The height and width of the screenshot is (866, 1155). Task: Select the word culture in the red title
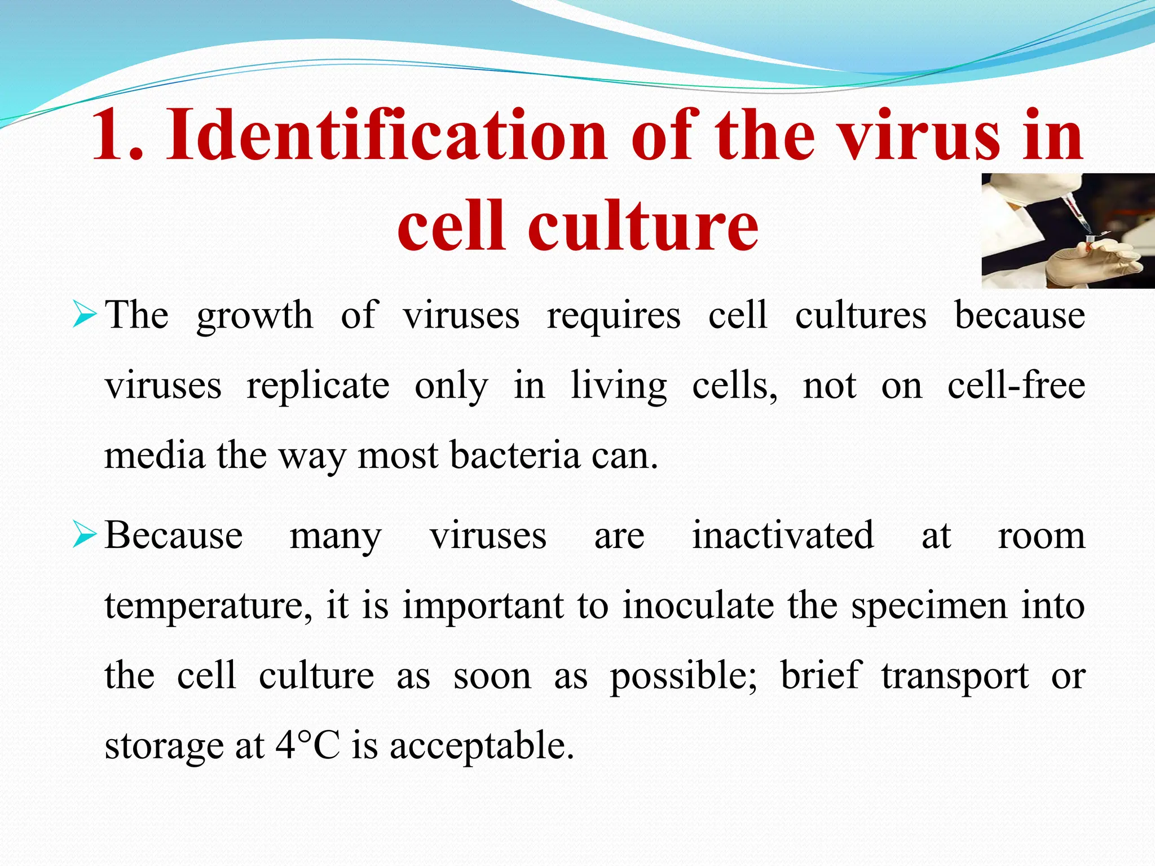643,226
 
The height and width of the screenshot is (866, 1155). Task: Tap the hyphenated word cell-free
1016,386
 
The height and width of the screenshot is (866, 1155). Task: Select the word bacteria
515,456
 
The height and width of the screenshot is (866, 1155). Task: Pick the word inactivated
783,536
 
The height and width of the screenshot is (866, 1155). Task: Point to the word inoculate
698,606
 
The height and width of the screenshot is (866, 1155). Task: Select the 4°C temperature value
308,745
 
